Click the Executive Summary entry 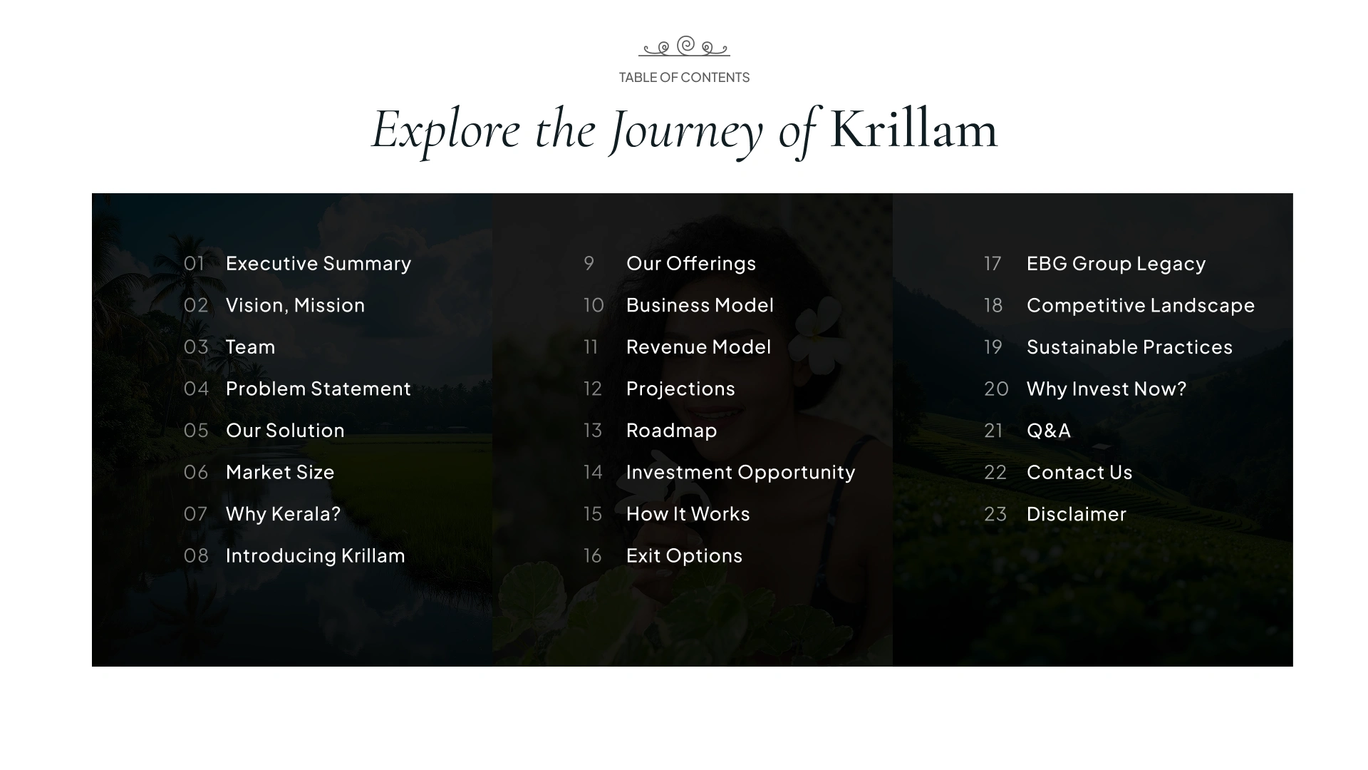[318, 264]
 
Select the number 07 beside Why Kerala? [196, 514]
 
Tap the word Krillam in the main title [913, 130]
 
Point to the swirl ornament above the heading [684, 46]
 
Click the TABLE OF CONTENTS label [684, 77]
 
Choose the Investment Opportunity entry [740, 473]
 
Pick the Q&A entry [1049, 431]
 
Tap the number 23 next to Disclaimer [995, 514]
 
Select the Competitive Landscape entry [1141, 306]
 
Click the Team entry [250, 347]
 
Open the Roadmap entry [672, 431]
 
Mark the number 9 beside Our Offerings [589, 264]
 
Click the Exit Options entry [684, 556]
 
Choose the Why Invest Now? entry [1107, 389]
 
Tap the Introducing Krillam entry [316, 556]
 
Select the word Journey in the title [687, 132]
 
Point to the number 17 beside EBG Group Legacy [993, 264]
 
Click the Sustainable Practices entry [1129, 347]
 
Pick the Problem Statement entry [318, 389]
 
